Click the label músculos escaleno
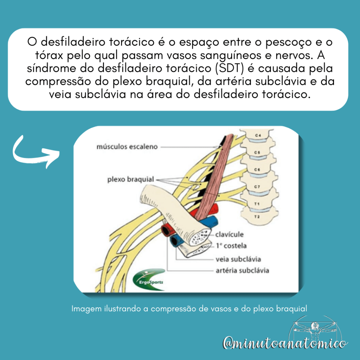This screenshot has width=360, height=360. point(127,147)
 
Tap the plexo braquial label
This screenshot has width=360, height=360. point(130,180)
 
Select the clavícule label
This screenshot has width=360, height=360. point(230,234)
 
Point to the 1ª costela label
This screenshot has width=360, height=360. point(231,246)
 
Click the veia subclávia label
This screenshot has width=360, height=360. point(238,259)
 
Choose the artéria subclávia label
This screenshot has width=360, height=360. point(242,271)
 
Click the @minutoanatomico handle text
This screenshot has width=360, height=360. point(285,343)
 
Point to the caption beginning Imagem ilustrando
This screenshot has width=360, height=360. point(189,309)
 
